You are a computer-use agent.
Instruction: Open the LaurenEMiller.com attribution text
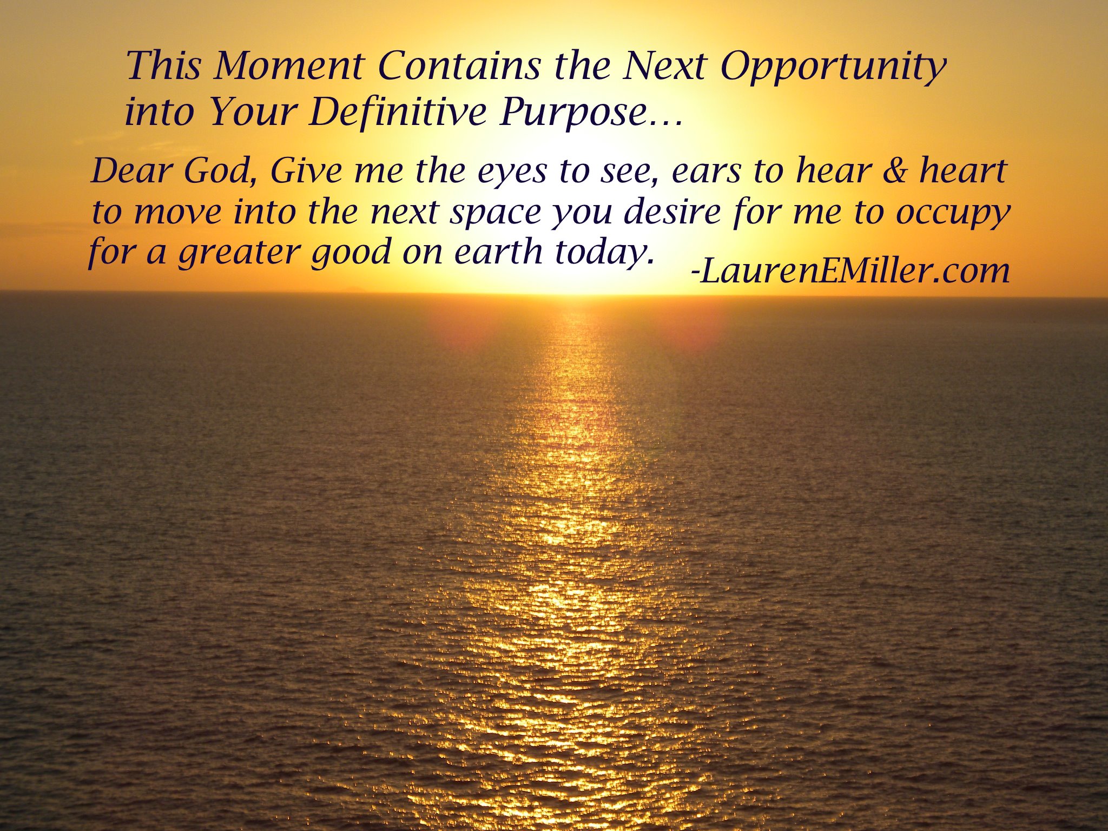(x=851, y=271)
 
